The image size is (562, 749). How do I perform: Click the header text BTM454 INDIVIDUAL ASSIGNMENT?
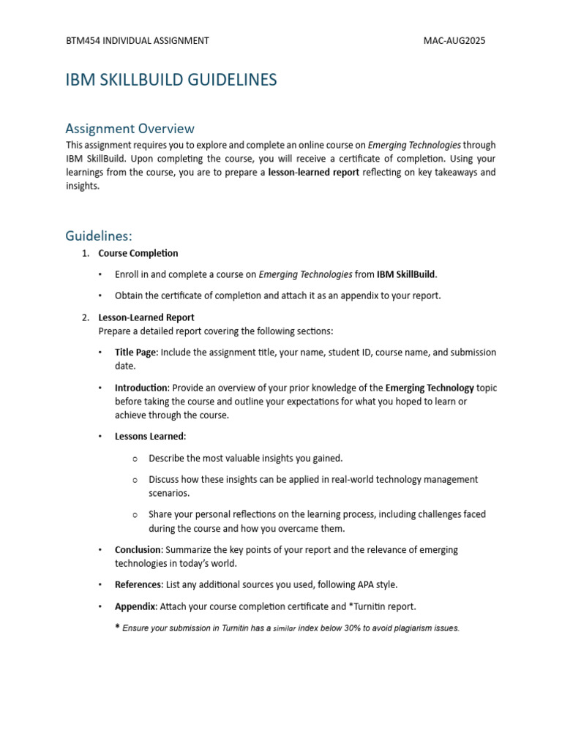pos(138,41)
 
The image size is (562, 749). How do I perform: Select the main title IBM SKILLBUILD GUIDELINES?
pos(171,80)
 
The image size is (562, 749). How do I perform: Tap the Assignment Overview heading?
pos(130,129)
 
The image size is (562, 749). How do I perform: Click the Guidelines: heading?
pos(99,236)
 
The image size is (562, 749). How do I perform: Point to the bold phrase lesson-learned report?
pos(314,173)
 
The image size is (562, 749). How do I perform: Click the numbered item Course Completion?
pos(138,253)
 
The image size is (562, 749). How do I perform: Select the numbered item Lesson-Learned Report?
pos(146,317)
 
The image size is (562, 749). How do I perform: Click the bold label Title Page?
pos(135,353)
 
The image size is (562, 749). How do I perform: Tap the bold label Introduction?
pos(142,388)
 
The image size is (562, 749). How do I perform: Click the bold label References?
pos(139,584)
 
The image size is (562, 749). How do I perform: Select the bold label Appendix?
pos(135,606)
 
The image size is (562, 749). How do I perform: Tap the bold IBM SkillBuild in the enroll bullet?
pos(406,275)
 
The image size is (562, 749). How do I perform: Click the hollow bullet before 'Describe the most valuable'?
pos(135,459)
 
